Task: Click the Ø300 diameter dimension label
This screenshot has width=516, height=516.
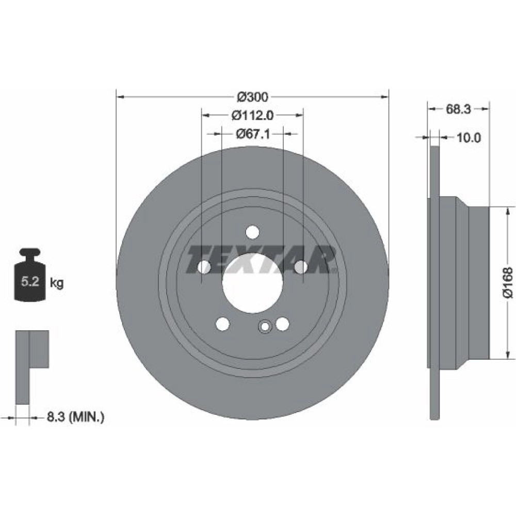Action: click(252, 97)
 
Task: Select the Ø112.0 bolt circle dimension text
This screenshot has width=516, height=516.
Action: click(252, 115)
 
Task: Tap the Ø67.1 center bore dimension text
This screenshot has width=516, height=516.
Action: click(253, 134)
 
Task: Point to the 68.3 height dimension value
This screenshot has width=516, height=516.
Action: click(458, 109)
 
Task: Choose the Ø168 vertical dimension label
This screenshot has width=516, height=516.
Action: click(508, 283)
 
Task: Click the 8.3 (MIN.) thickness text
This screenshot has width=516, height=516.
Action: click(75, 417)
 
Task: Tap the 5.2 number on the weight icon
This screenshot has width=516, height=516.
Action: click(30, 282)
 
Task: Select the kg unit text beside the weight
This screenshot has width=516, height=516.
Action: click(57, 283)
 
